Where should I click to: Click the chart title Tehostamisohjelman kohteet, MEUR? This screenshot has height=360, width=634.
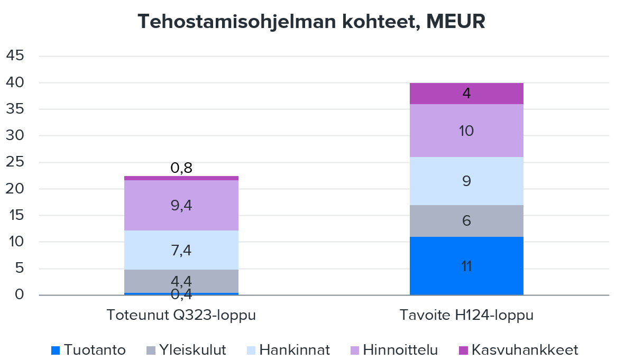coord(311,22)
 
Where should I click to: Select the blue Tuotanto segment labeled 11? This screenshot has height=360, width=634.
coord(466,266)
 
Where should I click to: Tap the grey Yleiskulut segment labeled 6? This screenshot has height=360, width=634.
coord(466,220)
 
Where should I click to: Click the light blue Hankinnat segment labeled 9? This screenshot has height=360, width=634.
coord(466,181)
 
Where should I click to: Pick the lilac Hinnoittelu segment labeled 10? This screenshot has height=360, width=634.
coord(466,131)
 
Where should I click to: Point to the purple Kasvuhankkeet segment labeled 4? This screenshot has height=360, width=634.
coord(466,94)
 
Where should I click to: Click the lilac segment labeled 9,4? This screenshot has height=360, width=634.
coord(181,205)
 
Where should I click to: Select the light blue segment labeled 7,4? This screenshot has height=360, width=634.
coord(181,250)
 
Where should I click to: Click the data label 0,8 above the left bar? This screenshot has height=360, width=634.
coord(181,168)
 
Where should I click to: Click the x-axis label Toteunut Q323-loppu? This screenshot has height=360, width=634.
coord(181,316)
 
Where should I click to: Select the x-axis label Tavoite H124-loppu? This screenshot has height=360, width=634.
coord(466,316)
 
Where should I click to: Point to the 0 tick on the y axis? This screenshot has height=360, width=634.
coord(20,295)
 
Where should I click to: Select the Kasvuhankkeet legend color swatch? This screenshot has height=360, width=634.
coord(463,350)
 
